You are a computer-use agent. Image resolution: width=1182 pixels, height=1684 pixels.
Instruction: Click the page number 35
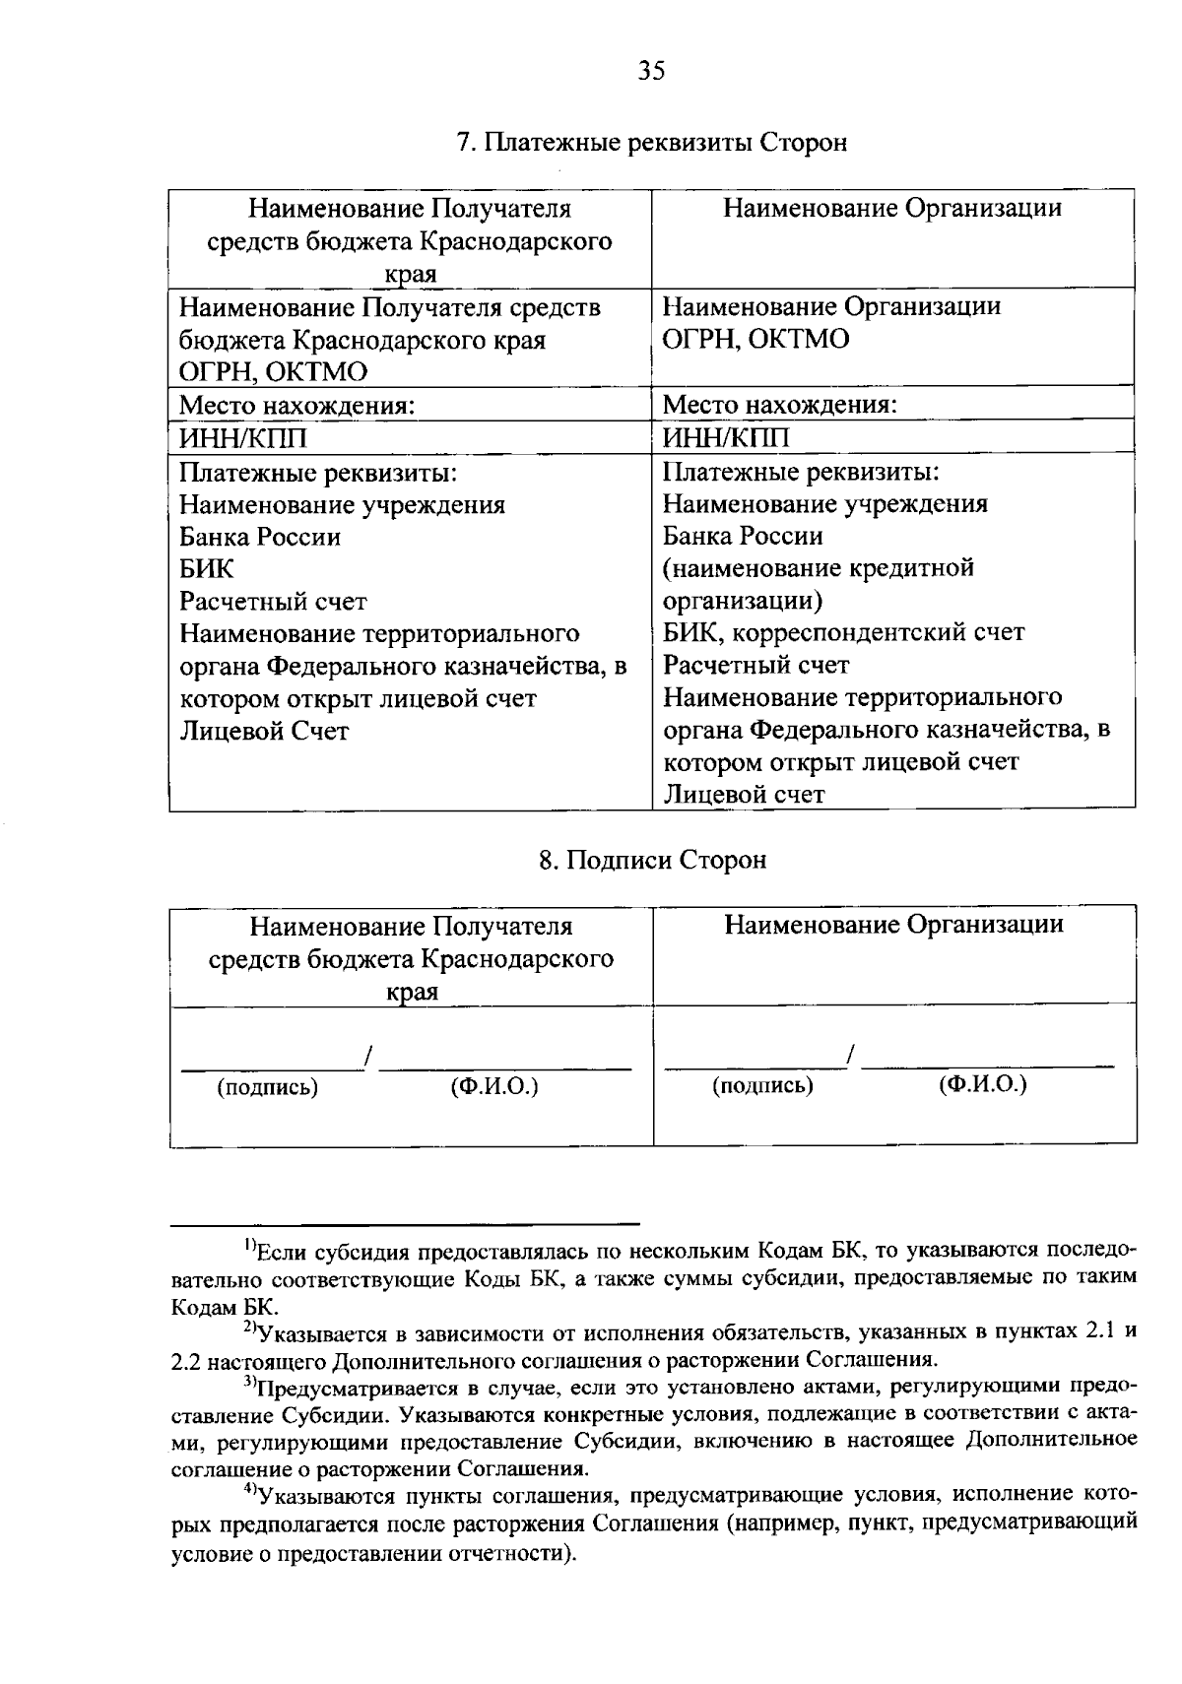pyautogui.click(x=652, y=71)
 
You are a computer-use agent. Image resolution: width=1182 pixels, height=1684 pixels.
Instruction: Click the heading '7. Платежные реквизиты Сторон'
pyautogui.click(x=652, y=143)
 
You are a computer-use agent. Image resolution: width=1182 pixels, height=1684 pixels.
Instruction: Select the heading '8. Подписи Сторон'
pyautogui.click(x=652, y=860)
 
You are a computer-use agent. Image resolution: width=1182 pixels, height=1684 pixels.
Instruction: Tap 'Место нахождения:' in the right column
pyautogui.click(x=779, y=405)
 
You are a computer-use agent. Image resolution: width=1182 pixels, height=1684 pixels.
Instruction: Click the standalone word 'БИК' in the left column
pyautogui.click(x=207, y=569)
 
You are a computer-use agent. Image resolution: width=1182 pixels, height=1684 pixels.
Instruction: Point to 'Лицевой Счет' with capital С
pyautogui.click(x=264, y=731)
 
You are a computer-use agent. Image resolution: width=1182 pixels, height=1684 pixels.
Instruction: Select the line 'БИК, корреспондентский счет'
pyautogui.click(x=843, y=632)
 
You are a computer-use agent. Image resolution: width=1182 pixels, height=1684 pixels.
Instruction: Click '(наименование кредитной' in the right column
pyautogui.click(x=818, y=568)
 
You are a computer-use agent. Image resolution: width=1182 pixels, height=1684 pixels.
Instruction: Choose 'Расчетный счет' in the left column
pyautogui.click(x=273, y=601)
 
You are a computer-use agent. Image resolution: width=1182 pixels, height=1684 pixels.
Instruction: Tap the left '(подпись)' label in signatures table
pyautogui.click(x=267, y=1087)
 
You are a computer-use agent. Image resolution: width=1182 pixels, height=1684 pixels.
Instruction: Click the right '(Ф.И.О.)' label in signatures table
pyautogui.click(x=982, y=1085)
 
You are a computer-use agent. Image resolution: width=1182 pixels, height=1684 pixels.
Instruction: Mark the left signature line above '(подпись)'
pyautogui.click(x=270, y=1067)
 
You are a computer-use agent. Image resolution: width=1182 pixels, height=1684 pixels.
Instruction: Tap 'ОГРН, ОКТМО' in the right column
pyautogui.click(x=755, y=340)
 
